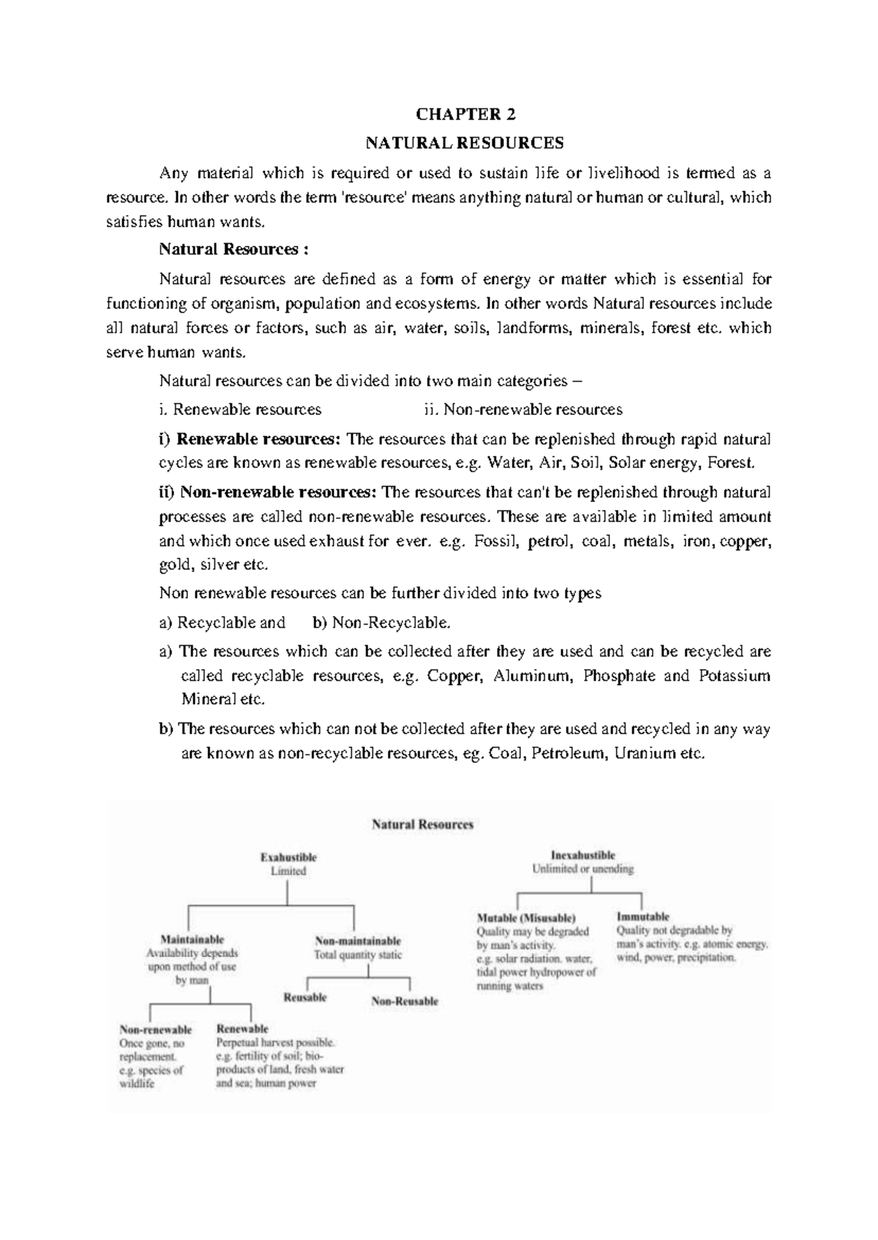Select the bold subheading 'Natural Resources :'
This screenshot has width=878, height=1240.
click(x=234, y=249)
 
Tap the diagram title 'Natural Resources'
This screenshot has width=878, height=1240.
click(x=423, y=824)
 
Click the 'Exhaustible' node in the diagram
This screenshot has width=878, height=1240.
click(x=289, y=856)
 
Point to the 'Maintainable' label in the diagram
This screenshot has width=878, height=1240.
click(x=192, y=939)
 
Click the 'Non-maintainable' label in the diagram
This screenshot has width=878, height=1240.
click(x=357, y=941)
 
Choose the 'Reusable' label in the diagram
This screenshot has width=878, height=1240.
click(x=305, y=998)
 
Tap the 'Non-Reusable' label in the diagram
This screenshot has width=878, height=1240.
click(x=404, y=1001)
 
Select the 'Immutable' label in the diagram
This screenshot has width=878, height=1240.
click(x=642, y=916)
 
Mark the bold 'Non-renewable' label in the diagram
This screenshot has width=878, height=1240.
click(x=155, y=1029)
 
